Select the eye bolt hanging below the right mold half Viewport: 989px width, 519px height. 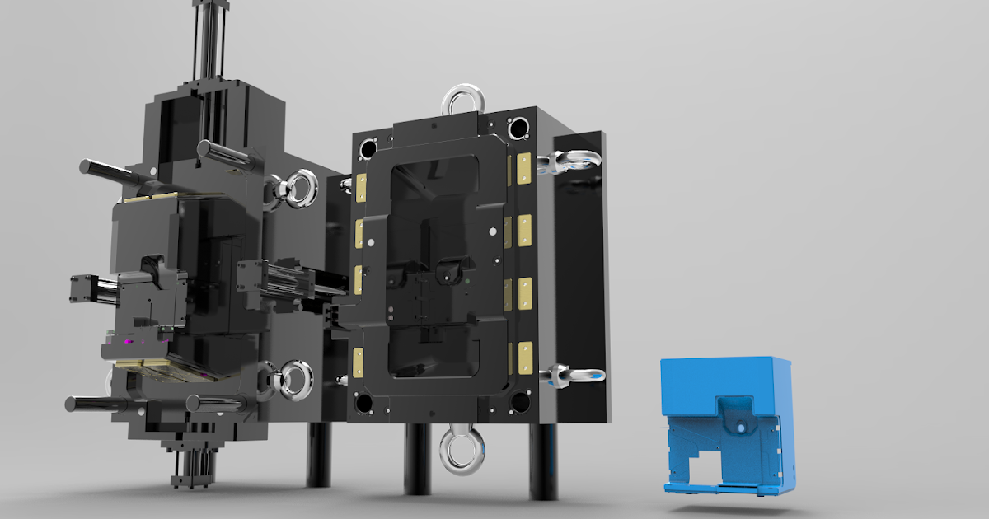461,451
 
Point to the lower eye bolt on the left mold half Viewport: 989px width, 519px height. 292,380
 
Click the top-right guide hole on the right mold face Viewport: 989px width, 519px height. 518,129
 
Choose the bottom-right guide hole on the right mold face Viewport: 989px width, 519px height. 519,402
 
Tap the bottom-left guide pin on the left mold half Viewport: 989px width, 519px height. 95,404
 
